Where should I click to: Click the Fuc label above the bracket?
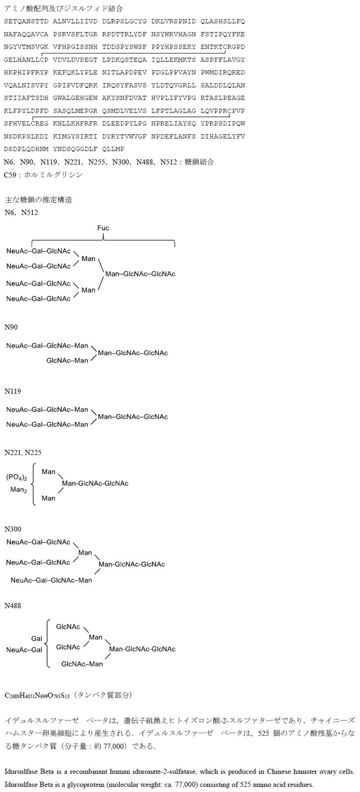tap(103, 228)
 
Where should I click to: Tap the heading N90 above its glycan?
tap(11, 327)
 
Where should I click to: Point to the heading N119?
tap(13, 392)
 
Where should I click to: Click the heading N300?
tap(13, 529)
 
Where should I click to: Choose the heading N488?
tap(13, 606)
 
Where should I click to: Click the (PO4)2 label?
tap(17, 477)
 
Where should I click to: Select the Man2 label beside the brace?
tap(19, 490)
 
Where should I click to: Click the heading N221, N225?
tap(23, 453)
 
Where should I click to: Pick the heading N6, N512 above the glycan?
tap(21, 213)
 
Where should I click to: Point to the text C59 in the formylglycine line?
tap(10, 175)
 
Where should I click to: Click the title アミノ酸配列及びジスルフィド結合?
tap(63, 9)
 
